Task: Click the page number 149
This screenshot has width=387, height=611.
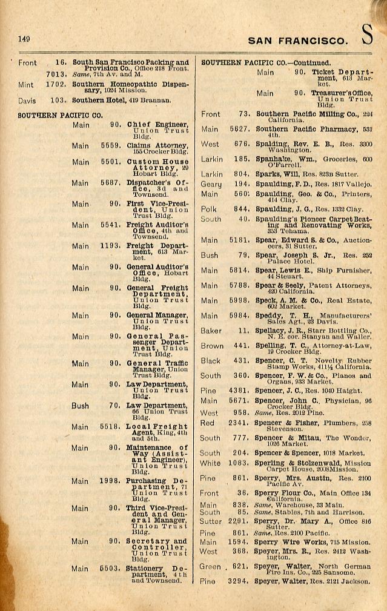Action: [24, 39]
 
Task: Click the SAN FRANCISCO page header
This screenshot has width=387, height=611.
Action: [298, 41]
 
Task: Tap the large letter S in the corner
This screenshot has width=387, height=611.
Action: [368, 36]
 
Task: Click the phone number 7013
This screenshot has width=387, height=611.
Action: [56, 73]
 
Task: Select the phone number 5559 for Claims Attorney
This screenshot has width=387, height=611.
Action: [111, 146]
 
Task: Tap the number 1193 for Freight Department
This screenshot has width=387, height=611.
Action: [111, 246]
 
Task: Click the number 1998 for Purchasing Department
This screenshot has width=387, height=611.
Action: [111, 481]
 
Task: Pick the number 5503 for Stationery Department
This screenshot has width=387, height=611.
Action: [111, 569]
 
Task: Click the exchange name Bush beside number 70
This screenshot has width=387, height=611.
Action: [80, 406]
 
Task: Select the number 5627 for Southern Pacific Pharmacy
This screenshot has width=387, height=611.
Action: [240, 129]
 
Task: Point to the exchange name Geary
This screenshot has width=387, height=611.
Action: [211, 183]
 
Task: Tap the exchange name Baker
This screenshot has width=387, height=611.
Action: [211, 331]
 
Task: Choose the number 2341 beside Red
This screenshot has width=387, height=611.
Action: [240, 423]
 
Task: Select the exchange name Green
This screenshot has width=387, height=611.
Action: [211, 566]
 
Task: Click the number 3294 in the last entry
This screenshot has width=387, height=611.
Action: [240, 581]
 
